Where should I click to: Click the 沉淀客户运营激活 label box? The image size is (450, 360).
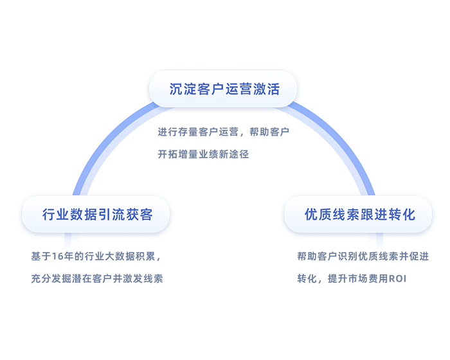223,89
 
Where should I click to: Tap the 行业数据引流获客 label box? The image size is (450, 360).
96,214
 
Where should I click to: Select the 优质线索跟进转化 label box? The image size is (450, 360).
359,214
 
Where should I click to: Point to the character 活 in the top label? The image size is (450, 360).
273,89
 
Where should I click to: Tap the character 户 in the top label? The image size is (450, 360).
217,89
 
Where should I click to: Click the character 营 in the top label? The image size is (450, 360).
245,89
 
